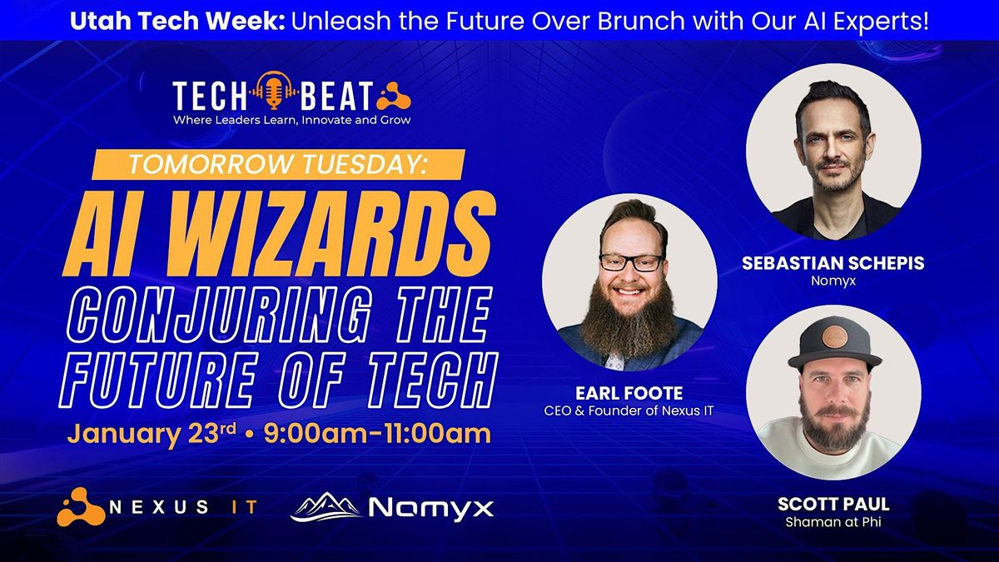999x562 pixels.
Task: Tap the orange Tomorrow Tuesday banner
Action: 278,165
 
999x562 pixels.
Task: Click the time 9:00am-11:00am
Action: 377,434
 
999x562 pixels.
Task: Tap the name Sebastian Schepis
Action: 833,263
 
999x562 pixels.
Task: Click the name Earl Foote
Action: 629,393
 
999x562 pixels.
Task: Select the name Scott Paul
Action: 833,505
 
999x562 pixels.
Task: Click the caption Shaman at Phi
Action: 833,522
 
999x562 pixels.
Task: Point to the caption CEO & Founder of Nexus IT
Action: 629,410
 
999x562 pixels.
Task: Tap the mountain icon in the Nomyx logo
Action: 326,507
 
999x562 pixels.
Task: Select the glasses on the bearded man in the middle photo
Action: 631,262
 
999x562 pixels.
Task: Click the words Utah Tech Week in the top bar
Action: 177,21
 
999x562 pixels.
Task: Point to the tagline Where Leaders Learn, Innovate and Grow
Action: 291,120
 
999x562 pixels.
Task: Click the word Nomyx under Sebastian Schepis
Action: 833,281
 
